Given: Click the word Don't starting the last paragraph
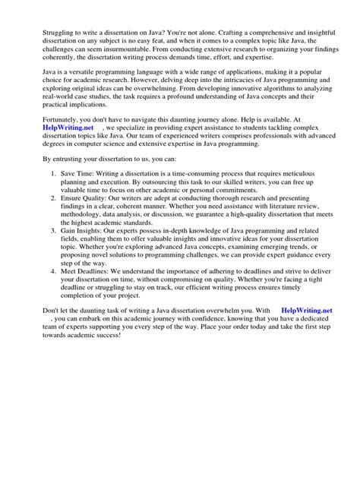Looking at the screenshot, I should (33, 418).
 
